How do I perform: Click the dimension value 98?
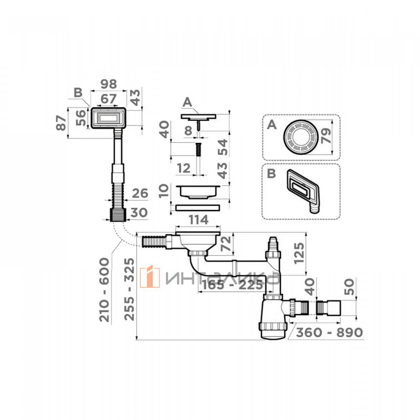pos(109,84)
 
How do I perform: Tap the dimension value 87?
pos(61,123)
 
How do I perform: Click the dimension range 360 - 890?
pos(330,332)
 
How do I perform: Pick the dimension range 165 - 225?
pos(232,285)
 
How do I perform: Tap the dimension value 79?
pos(326,135)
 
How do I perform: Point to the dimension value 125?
pos(299,253)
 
